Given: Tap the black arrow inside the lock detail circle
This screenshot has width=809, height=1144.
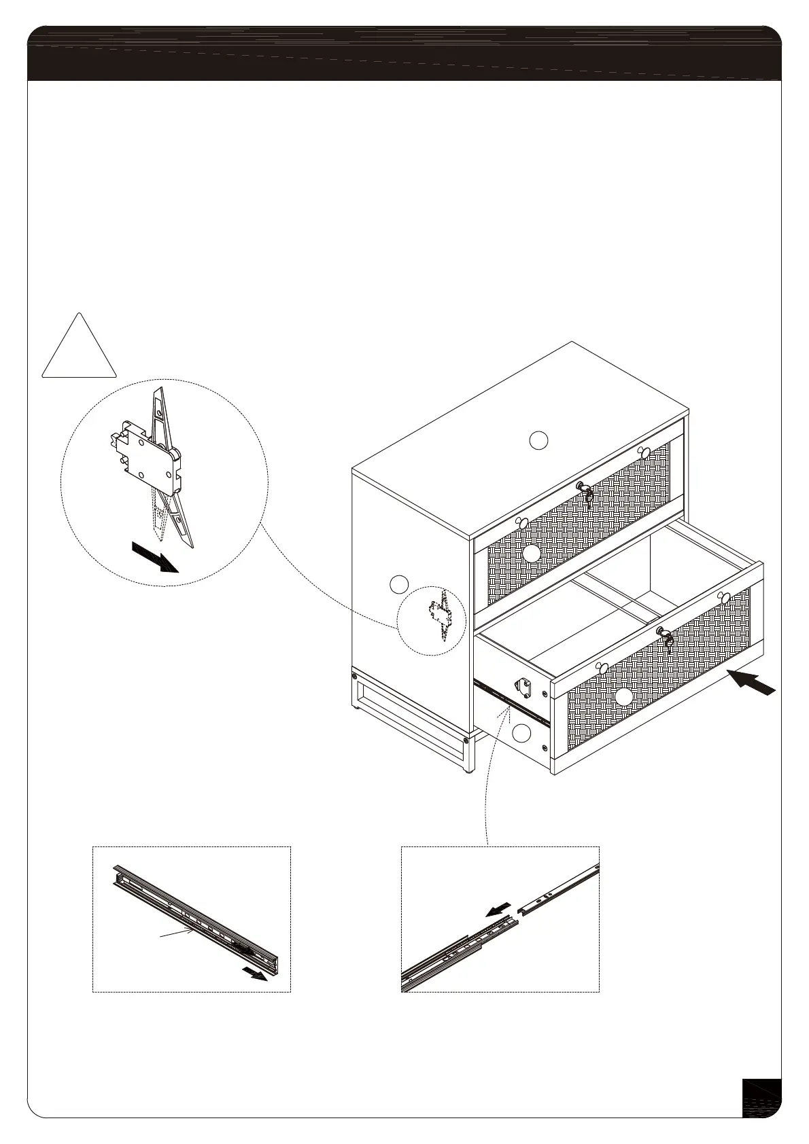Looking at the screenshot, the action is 155,556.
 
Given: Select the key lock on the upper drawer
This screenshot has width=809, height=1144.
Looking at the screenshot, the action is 584,490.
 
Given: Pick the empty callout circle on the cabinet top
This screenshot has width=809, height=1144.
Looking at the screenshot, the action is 538,440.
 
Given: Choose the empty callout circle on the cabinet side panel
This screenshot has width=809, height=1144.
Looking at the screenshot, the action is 400,584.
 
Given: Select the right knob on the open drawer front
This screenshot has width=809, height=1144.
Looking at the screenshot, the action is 725,597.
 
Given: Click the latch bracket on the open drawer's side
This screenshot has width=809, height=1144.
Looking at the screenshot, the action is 525,687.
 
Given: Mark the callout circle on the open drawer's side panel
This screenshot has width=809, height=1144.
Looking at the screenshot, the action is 521,734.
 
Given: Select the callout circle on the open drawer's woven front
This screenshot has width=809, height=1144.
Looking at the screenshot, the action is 623,697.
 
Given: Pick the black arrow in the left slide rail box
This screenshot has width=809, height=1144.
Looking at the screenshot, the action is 255,974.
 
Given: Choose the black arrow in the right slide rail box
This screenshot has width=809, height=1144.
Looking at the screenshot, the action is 500,909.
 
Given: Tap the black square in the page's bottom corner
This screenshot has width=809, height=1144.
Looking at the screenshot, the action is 761,1097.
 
